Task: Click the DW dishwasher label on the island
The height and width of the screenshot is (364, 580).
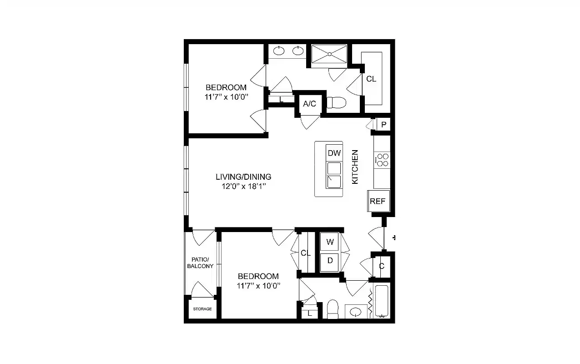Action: tap(334, 153)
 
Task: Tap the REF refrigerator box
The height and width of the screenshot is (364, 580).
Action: tap(378, 201)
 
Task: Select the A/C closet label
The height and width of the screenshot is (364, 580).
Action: tap(309, 104)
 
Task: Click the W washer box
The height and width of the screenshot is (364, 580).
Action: tap(330, 242)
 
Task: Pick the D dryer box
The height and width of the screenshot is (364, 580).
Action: tap(330, 261)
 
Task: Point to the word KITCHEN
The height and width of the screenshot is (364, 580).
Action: tap(355, 167)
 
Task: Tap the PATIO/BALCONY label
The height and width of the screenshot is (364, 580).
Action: tap(200, 263)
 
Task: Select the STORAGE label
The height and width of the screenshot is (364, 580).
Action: tap(202, 309)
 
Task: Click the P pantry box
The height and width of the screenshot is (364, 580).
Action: tap(383, 125)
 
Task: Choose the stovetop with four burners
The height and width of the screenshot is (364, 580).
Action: tap(382, 160)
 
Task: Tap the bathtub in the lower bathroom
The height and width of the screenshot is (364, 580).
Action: tap(381, 301)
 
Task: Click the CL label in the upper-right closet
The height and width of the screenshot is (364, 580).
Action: tap(371, 79)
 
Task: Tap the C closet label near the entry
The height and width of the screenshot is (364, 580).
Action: tap(382, 266)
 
